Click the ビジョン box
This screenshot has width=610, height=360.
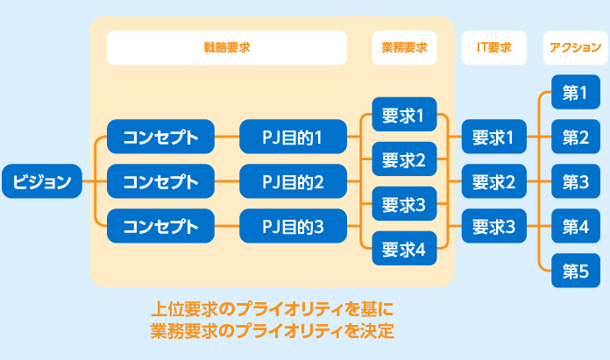(42, 181)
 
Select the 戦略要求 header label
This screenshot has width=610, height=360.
(227, 47)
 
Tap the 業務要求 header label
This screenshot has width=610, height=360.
(404, 47)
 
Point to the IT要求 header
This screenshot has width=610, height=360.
(493, 47)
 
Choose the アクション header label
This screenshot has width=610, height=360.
(575, 47)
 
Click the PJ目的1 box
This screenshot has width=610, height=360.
(293, 137)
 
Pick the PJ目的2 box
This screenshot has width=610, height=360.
(293, 181)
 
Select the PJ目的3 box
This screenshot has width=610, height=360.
(293, 226)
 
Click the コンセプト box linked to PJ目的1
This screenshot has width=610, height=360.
(160, 137)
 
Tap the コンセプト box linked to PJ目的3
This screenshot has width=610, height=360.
(160, 226)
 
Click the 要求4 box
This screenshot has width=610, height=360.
(404, 249)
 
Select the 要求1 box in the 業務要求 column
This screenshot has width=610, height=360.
(404, 114)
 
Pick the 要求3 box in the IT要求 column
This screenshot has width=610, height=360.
(493, 226)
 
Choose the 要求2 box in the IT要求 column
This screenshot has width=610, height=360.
(493, 181)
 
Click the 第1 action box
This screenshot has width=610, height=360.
(576, 92)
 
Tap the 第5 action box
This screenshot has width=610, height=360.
(576, 271)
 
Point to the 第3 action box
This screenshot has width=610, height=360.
(576, 181)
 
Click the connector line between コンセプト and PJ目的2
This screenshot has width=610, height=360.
(227, 181)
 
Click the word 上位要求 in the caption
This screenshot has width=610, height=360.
(184, 309)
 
